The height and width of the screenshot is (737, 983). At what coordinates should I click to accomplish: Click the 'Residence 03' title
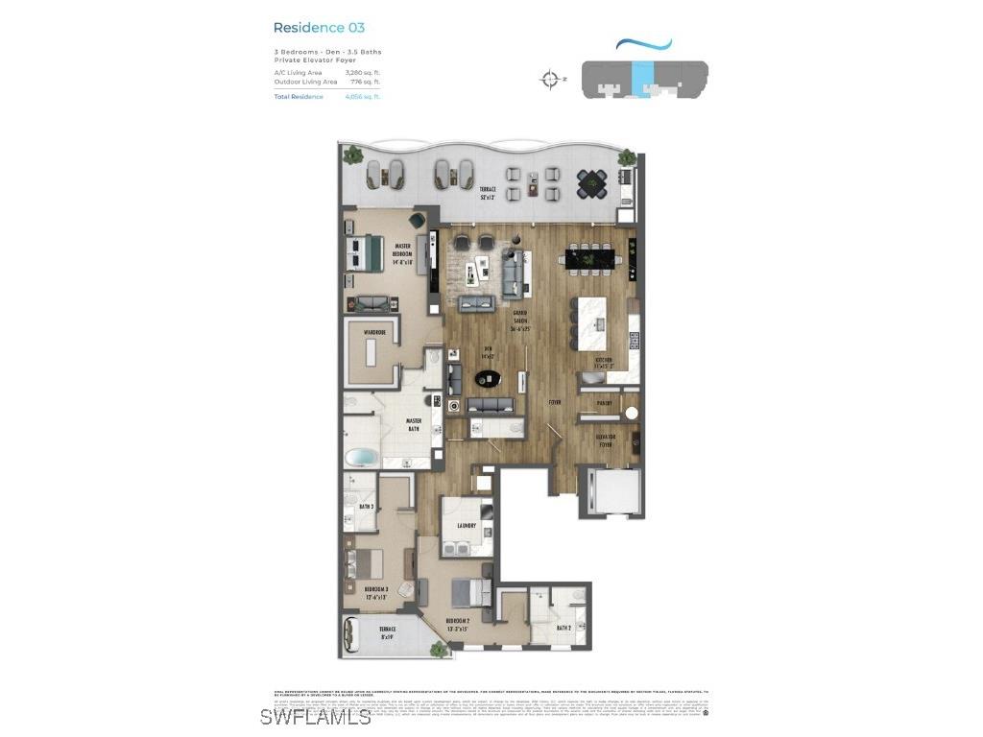[319, 28]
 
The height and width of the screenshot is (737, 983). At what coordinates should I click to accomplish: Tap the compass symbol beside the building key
[550, 80]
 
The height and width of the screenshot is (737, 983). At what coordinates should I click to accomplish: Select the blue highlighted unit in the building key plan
[642, 75]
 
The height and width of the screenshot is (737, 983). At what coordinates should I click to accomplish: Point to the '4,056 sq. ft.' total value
[363, 97]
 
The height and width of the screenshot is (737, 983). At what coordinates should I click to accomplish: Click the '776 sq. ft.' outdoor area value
[365, 83]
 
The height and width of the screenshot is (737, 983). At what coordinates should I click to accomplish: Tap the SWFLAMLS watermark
[315, 716]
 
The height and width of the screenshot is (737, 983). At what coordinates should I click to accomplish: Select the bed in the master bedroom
[367, 250]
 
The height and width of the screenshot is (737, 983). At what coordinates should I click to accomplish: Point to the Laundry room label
[466, 526]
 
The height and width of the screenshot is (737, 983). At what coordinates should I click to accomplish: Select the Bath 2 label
[564, 629]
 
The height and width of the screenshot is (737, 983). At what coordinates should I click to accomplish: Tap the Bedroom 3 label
[374, 590]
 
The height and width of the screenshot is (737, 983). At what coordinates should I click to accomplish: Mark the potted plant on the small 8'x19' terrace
[439, 650]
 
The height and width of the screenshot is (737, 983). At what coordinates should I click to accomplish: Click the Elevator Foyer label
[605, 440]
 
